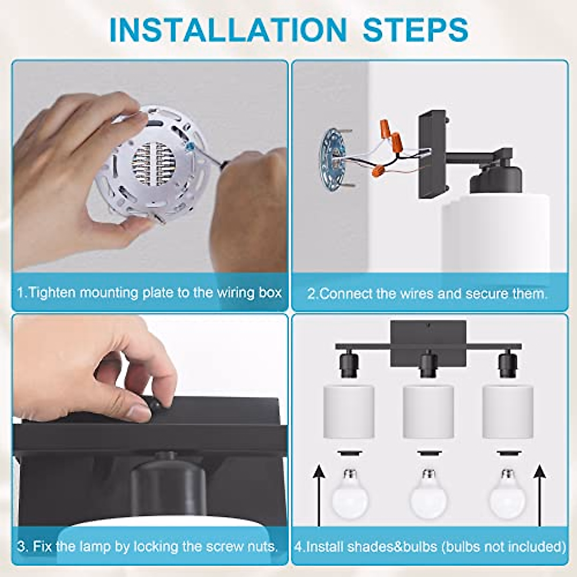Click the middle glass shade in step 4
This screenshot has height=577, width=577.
click(x=428, y=412)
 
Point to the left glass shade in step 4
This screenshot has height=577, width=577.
click(x=349, y=412)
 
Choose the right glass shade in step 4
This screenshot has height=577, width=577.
click(x=508, y=412)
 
